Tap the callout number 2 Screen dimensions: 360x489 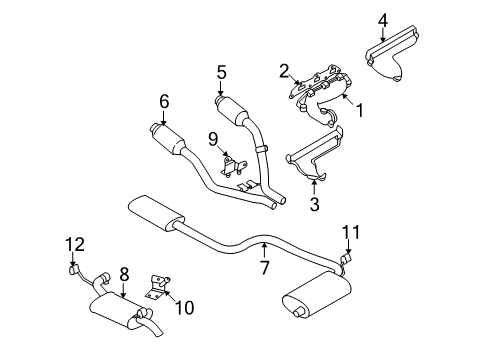(284, 70)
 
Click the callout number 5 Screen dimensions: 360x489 (221, 72)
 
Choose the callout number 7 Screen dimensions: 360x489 (263, 268)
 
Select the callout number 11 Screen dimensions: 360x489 (350, 232)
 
